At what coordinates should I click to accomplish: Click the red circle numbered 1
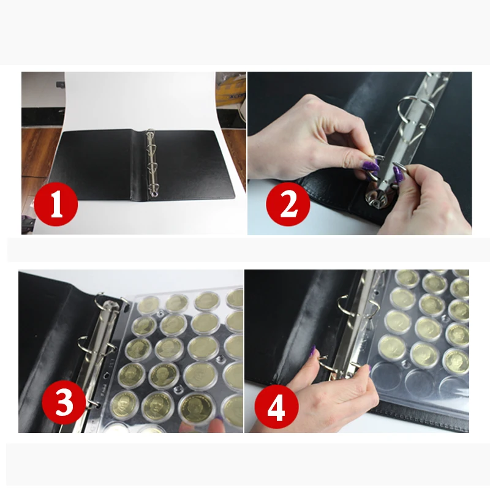(56, 204)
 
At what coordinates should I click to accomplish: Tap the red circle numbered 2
(288, 204)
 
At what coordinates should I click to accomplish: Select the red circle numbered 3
(64, 402)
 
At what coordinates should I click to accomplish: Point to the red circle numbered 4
(277, 407)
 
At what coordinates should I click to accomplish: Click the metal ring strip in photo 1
(151, 164)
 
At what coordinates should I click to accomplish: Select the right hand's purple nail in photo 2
(398, 174)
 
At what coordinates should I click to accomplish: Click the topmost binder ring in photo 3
(100, 301)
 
